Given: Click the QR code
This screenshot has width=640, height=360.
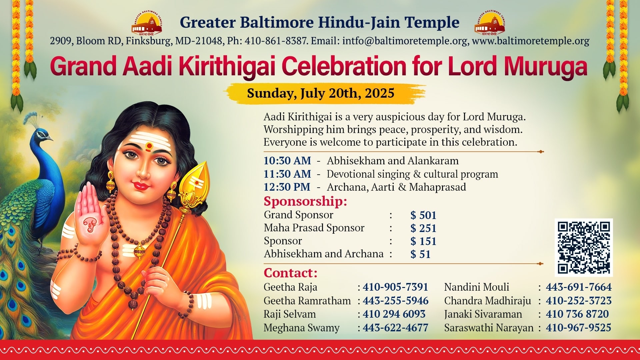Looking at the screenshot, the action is point(584,248).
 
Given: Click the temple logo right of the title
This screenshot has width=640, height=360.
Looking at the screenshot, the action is point(490,23).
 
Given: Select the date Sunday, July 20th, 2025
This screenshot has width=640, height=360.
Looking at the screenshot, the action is point(321,93).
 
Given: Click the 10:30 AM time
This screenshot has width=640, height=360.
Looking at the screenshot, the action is point(287,161).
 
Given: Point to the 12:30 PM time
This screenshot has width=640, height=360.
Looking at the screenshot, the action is point(287,187).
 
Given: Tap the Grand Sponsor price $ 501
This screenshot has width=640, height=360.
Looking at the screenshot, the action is point(423,215).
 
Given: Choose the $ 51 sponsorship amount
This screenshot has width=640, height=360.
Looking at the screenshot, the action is point(420,254).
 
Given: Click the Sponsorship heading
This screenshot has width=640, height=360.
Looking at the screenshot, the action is point(305,201).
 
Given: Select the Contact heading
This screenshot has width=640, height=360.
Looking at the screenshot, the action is point(291,273).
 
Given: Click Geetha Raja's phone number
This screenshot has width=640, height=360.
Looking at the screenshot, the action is point(395,287).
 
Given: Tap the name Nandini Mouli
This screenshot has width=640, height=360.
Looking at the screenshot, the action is point(477,287).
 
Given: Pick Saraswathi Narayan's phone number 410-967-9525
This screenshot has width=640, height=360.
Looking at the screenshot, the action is point(578,328).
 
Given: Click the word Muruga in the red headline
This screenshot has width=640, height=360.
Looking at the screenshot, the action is point(545,67).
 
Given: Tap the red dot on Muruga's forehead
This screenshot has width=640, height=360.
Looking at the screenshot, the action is point(149,146).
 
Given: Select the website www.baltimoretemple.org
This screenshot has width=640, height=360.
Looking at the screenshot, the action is point(531,41).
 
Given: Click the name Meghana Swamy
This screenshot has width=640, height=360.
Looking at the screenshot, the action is point(301,328).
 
